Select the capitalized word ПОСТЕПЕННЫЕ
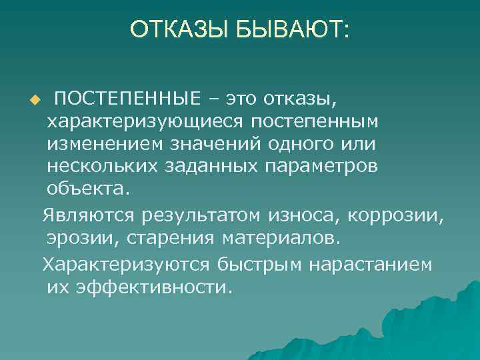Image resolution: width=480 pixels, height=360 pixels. (127, 100)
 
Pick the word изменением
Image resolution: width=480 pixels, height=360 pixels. (101, 144)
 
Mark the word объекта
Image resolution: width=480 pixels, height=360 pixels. (85, 188)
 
